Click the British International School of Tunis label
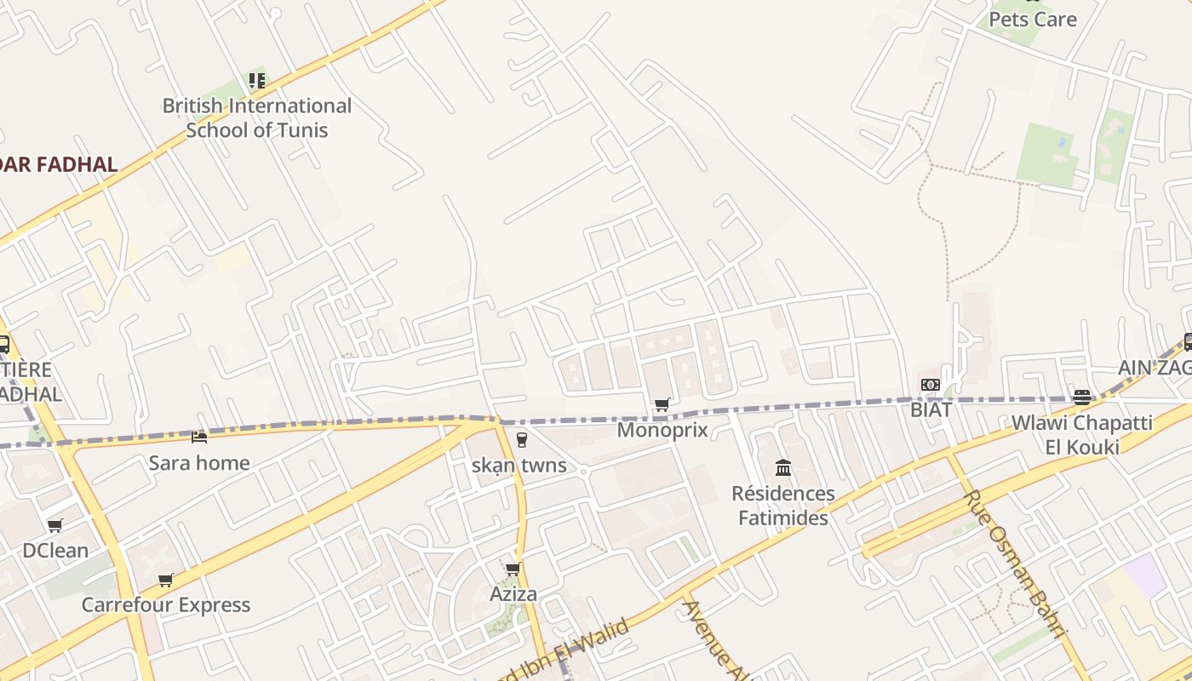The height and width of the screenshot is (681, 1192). click(x=256, y=117)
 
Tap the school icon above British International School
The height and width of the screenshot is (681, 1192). click(x=256, y=81)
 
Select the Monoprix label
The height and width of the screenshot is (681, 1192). click(x=662, y=430)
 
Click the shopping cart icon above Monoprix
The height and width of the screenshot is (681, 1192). click(x=662, y=405)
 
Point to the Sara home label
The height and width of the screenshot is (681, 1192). click(x=199, y=463)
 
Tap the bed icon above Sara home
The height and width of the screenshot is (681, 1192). click(x=199, y=438)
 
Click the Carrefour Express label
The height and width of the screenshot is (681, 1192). click(x=166, y=605)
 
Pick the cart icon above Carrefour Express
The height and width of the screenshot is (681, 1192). click(x=166, y=581)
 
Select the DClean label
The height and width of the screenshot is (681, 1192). click(x=55, y=551)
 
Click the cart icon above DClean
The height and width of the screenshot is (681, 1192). click(x=55, y=526)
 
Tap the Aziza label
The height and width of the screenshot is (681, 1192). click(x=513, y=594)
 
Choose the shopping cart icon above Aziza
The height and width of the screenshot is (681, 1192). click(x=513, y=569)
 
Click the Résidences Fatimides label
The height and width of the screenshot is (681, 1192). click(x=782, y=506)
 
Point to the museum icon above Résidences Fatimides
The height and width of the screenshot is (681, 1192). click(x=783, y=468)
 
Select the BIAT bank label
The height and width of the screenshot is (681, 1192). click(x=931, y=409)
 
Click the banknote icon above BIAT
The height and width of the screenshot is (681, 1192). click(x=931, y=386)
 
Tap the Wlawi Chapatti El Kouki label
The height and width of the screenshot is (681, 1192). click(x=1081, y=434)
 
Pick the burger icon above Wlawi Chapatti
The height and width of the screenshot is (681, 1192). click(x=1082, y=398)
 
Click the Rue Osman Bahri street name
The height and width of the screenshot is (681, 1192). click(x=1014, y=564)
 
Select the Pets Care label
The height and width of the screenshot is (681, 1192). click(x=1032, y=19)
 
